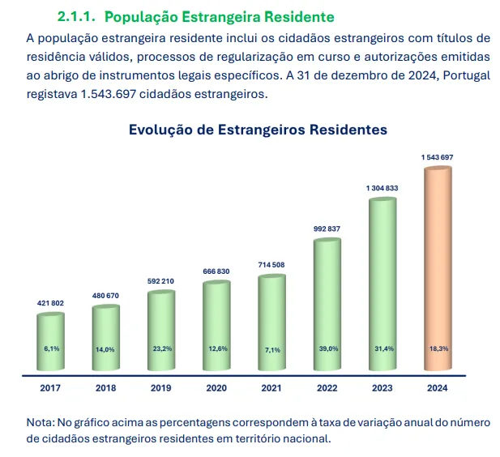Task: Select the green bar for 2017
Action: (51, 340)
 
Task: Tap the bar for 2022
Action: (327, 304)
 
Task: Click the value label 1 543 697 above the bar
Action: (437, 155)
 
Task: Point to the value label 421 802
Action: (51, 303)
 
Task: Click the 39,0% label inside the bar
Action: (327, 348)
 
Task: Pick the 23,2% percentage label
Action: (161, 348)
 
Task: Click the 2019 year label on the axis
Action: (161, 388)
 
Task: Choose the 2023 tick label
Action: (382, 388)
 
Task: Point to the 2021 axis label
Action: (271, 388)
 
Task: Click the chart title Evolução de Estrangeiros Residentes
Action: (258, 130)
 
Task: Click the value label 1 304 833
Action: (382, 188)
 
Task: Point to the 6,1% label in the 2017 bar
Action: (51, 348)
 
